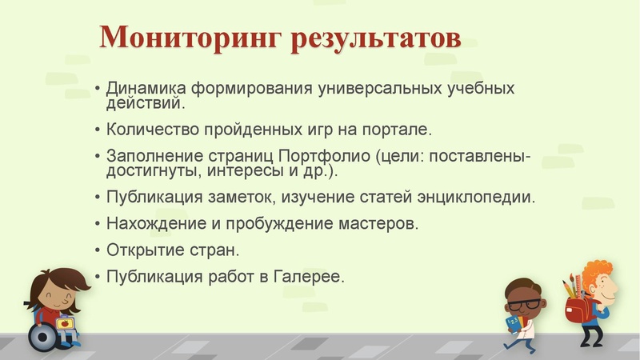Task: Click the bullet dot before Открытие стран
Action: (x=97, y=250)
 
